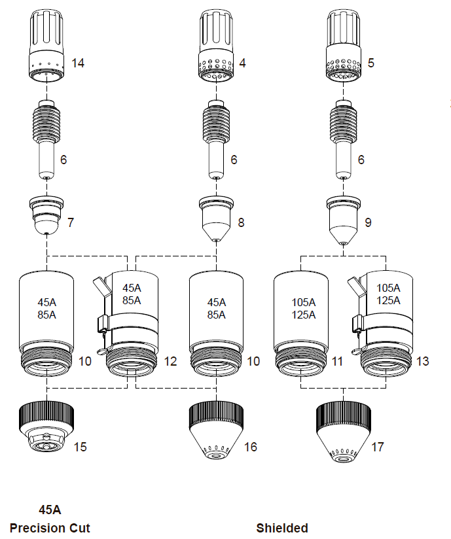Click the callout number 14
78,63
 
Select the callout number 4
243,63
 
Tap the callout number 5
372,63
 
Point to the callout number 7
71,222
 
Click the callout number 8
241,222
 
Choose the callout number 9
368,222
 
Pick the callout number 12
170,360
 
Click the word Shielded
282,528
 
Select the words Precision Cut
50,528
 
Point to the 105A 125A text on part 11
304,307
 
